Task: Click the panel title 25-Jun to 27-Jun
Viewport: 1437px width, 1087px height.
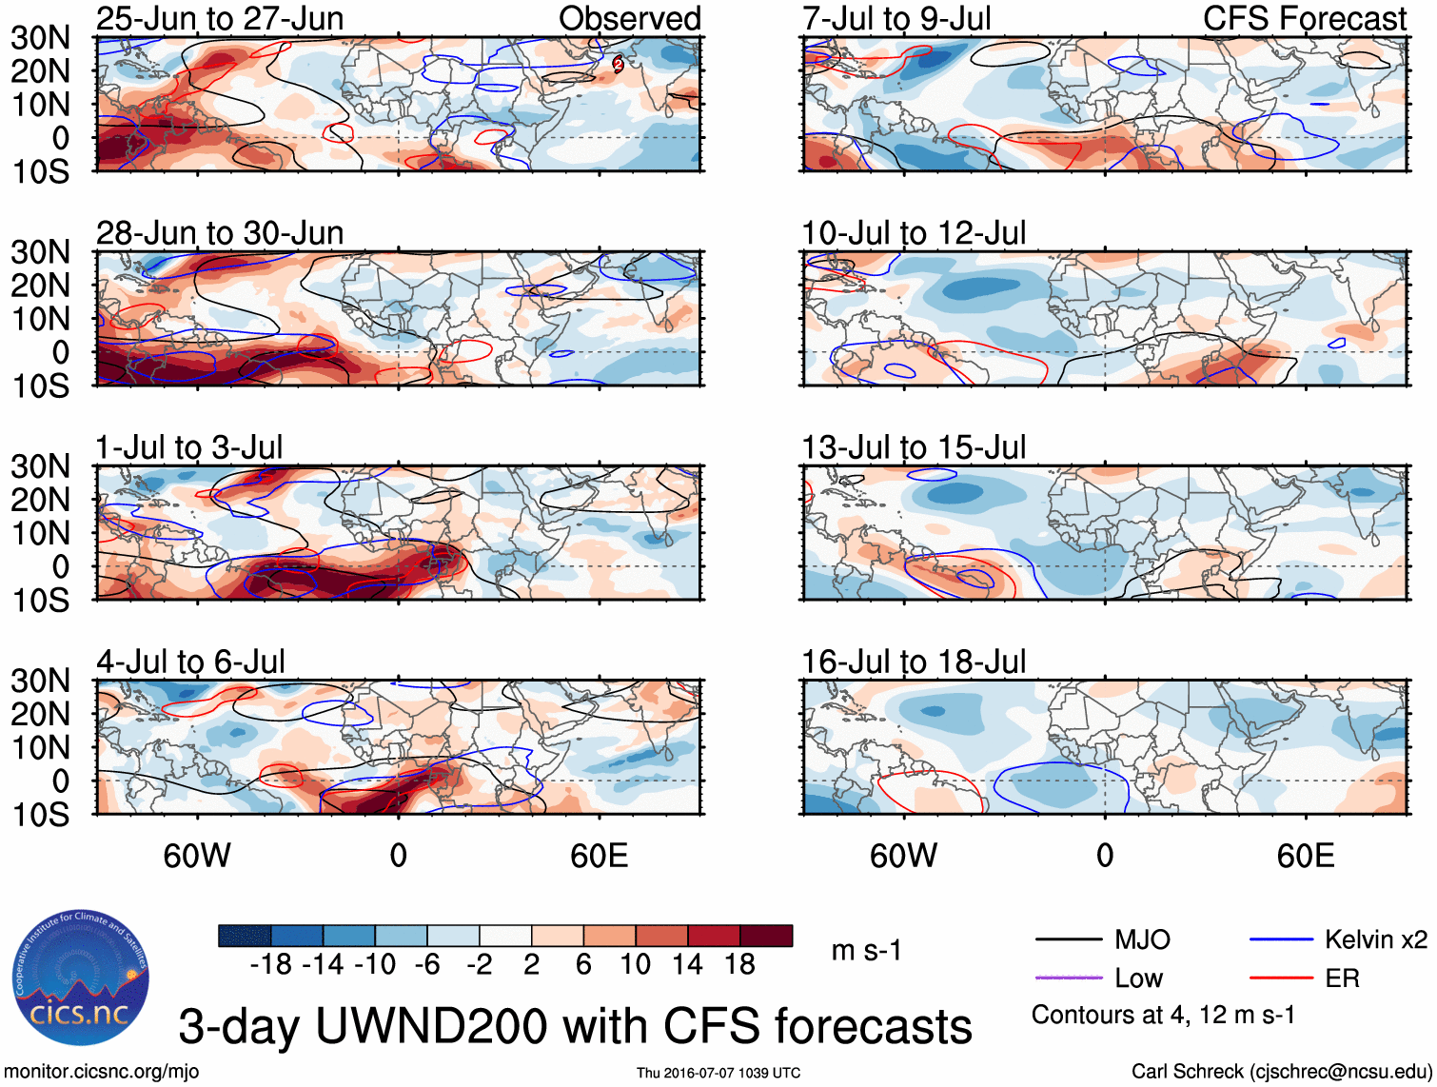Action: (x=220, y=18)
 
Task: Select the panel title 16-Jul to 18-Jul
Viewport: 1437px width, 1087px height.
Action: (x=914, y=661)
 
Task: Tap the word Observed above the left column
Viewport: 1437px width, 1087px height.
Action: (x=629, y=18)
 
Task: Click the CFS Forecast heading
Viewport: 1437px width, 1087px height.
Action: (x=1304, y=18)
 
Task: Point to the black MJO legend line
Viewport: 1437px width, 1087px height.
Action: (x=1068, y=940)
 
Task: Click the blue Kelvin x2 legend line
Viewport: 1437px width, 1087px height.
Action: (x=1281, y=940)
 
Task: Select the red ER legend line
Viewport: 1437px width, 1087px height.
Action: (x=1281, y=978)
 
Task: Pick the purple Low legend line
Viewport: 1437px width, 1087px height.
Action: (x=1068, y=978)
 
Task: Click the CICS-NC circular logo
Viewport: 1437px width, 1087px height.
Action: (x=80, y=978)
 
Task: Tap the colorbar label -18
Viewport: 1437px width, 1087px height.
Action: (x=270, y=964)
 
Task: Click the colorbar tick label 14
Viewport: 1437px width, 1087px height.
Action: (x=687, y=964)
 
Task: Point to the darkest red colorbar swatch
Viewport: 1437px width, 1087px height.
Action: (x=766, y=936)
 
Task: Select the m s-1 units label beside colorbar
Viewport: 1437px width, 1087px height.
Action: (x=866, y=950)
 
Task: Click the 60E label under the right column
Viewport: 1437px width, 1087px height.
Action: (x=1305, y=856)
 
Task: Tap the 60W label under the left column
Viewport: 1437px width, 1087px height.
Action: (x=197, y=856)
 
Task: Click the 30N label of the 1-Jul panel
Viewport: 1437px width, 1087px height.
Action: (x=40, y=466)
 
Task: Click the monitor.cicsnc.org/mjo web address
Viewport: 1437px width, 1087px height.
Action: (x=102, y=1071)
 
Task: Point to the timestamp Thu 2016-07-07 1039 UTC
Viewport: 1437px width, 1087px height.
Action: (x=718, y=1073)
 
